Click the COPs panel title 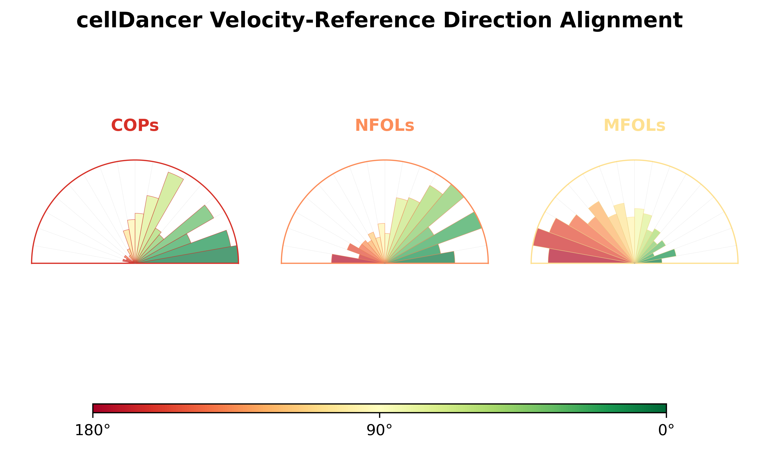point(135,125)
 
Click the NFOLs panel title point(385,125)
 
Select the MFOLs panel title point(634,125)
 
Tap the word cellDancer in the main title point(139,20)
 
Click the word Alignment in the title point(621,20)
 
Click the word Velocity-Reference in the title point(323,20)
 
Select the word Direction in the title point(498,20)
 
